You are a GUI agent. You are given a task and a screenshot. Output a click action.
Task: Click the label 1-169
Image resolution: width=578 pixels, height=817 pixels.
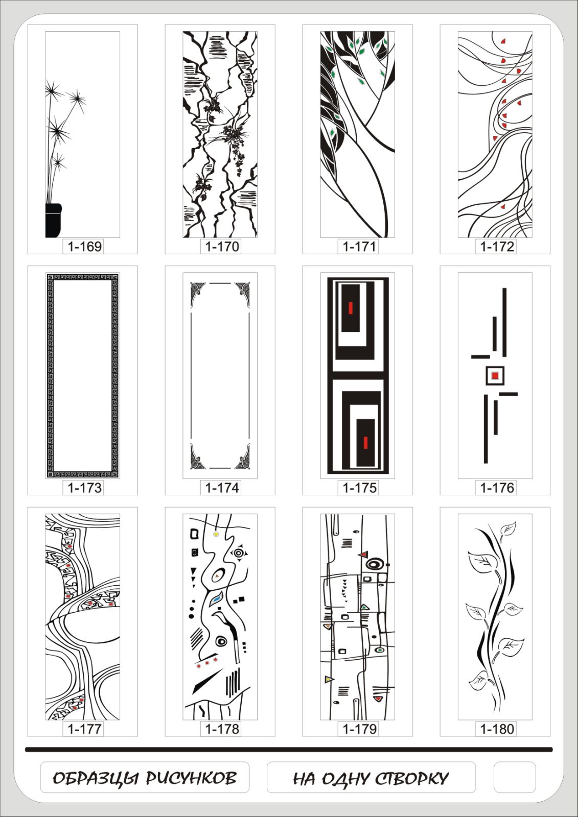(x=84, y=247)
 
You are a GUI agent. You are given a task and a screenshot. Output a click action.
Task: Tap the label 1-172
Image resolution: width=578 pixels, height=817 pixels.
(x=497, y=247)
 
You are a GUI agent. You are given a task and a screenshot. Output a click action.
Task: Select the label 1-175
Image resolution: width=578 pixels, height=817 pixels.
(x=359, y=488)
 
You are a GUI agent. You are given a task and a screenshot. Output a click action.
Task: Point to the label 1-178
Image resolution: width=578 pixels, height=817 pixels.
(x=222, y=729)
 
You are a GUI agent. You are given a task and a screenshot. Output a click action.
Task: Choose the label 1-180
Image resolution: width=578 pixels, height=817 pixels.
(x=497, y=729)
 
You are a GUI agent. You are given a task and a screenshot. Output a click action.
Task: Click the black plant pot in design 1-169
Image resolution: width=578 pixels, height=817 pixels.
(x=53, y=220)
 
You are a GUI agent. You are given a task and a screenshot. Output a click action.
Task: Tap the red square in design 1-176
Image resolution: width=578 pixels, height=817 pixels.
(x=495, y=375)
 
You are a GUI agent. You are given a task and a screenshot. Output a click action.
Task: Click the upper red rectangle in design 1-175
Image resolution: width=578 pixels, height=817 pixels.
(x=351, y=308)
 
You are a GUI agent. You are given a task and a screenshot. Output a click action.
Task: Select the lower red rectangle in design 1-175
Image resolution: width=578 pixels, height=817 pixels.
(x=365, y=442)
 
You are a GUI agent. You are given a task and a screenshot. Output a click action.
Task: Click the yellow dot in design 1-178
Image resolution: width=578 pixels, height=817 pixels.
(x=216, y=534)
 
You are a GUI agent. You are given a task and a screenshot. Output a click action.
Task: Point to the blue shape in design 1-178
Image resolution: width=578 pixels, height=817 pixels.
(x=217, y=599)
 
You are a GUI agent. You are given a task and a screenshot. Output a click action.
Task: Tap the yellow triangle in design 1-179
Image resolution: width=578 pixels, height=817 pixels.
(x=329, y=679)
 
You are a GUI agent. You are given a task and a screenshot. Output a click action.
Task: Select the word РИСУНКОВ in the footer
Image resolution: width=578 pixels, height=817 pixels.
(x=191, y=778)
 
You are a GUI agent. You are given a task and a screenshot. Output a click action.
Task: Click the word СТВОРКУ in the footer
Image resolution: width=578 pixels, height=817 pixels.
(x=411, y=778)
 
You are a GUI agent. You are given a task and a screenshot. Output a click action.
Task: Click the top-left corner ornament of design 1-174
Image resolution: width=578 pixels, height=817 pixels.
(x=198, y=294)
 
